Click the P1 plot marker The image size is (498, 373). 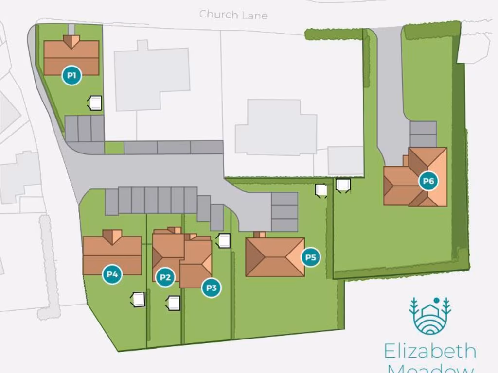[71, 76]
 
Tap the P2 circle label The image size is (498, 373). [165, 277]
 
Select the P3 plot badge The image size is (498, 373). [211, 288]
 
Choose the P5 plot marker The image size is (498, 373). [310, 257]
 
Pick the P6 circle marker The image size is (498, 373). [428, 181]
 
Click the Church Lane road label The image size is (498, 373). [233, 15]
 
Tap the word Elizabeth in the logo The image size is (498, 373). [430, 351]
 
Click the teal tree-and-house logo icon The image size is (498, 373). [430, 316]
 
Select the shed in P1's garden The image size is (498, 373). [95, 103]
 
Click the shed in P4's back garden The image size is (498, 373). [139, 300]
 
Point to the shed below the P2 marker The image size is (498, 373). [174, 304]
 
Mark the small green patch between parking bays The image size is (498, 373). [114, 148]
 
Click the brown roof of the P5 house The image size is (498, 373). [275, 257]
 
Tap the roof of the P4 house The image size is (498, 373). [112, 255]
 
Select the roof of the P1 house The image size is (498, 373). [71, 58]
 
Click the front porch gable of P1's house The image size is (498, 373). [71, 41]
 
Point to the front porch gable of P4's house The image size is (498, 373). [112, 236]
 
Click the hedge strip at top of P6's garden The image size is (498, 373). [432, 30]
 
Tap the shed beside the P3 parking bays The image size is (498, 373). [224, 240]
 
